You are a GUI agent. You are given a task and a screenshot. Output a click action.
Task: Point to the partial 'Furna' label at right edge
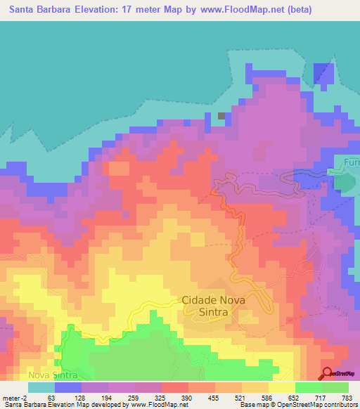point(351,162)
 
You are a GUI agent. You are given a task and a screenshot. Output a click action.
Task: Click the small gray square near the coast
point(221,116)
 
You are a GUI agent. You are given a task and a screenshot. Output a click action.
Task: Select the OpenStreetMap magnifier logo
point(328,373)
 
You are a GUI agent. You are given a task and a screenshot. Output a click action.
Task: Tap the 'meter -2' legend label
point(15,398)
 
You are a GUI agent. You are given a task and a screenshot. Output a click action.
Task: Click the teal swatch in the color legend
point(41,387)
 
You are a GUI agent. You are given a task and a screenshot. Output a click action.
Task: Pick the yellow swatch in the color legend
point(281,387)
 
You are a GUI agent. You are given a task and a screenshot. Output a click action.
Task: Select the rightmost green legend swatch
point(335,387)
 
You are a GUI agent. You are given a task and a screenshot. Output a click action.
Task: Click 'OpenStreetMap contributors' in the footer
point(324,405)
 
